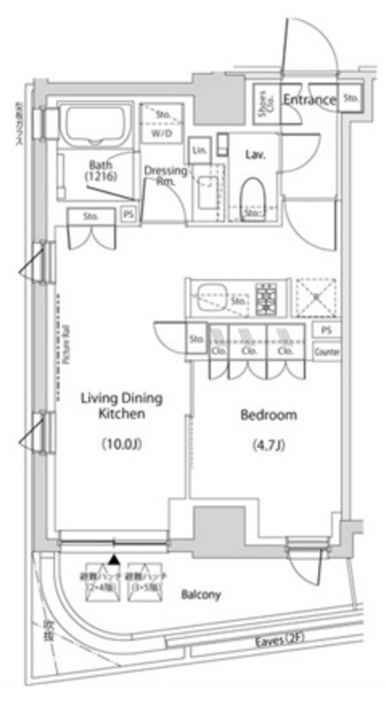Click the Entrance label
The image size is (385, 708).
coord(309,100)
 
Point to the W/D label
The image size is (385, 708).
coord(161,133)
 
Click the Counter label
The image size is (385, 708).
coord(326,353)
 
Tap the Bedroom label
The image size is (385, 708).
coord(269,415)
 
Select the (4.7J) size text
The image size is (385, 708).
coord(269,447)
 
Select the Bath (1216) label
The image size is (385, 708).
coord(99,168)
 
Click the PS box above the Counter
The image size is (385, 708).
coord(326,331)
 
